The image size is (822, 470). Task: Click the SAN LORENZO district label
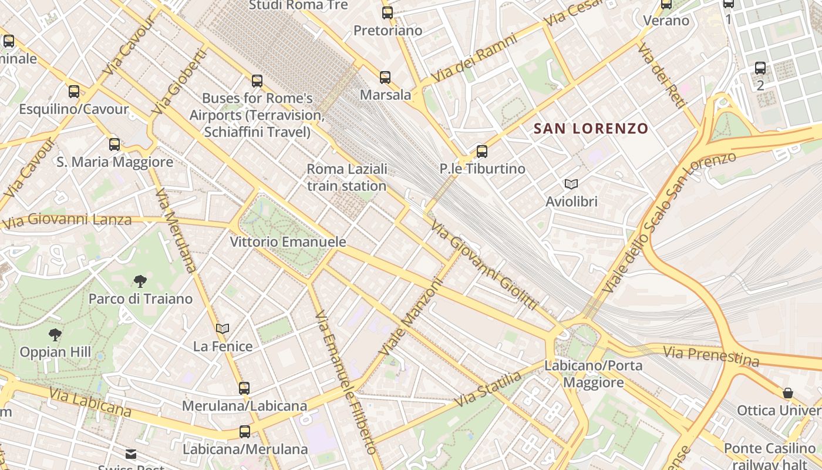click(591, 129)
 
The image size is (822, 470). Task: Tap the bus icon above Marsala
click(385, 78)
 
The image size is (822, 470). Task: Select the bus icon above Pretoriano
click(388, 13)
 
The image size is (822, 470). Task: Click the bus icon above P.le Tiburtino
click(482, 152)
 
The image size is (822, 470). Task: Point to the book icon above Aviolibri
click(571, 184)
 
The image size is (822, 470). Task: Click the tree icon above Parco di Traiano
click(140, 281)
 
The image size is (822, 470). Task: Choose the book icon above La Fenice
click(223, 328)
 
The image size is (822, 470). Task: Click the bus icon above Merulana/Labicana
click(244, 388)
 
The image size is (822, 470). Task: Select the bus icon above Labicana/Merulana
click(245, 432)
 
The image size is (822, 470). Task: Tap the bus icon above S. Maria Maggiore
click(114, 145)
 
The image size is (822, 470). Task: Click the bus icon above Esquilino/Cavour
click(74, 92)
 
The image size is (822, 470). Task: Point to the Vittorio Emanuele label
click(288, 242)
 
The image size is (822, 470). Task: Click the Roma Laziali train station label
click(347, 177)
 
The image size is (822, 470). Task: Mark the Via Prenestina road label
click(711, 356)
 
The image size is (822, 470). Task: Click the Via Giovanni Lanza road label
click(67, 221)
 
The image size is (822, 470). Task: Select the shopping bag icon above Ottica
click(788, 393)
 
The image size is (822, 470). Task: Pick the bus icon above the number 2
click(760, 68)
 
